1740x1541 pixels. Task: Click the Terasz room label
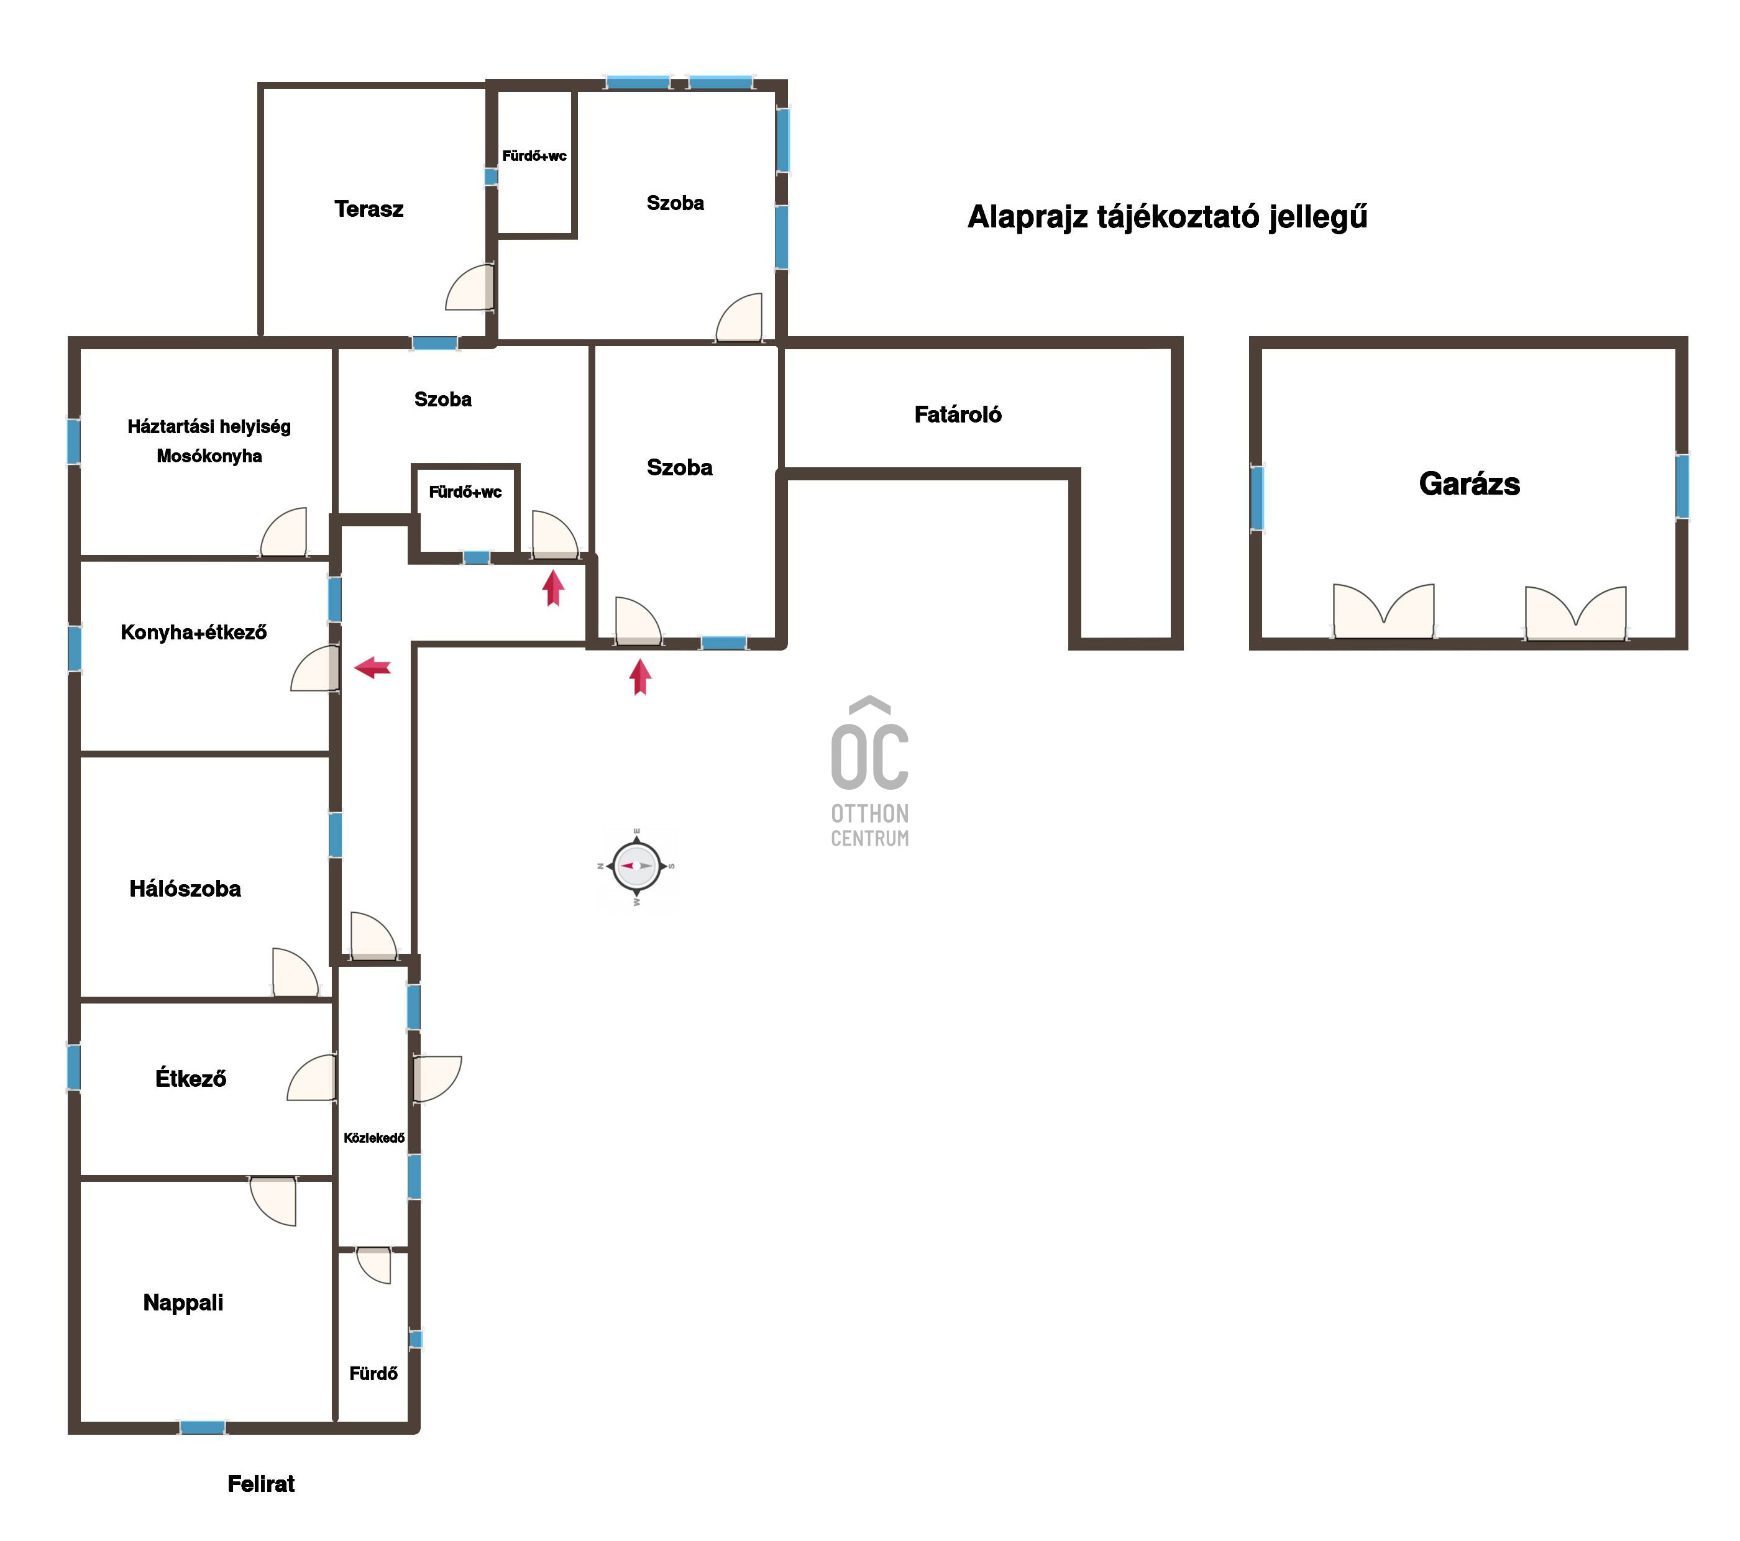pyautogui.click(x=369, y=209)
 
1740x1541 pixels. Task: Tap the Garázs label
pyautogui.click(x=1469, y=483)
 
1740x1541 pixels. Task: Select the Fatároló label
pyautogui.click(x=958, y=414)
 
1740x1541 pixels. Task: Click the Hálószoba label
pyautogui.click(x=185, y=889)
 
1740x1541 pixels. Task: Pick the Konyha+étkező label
pyautogui.click(x=193, y=633)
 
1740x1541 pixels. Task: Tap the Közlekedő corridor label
pyautogui.click(x=373, y=1138)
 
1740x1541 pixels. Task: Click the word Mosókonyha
pyautogui.click(x=209, y=456)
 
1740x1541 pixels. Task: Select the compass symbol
pyautogui.click(x=638, y=866)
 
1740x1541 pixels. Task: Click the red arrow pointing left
pyautogui.click(x=373, y=667)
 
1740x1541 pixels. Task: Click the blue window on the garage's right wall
pyautogui.click(x=1682, y=486)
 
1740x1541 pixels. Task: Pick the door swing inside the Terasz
pyautogui.click(x=470, y=288)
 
